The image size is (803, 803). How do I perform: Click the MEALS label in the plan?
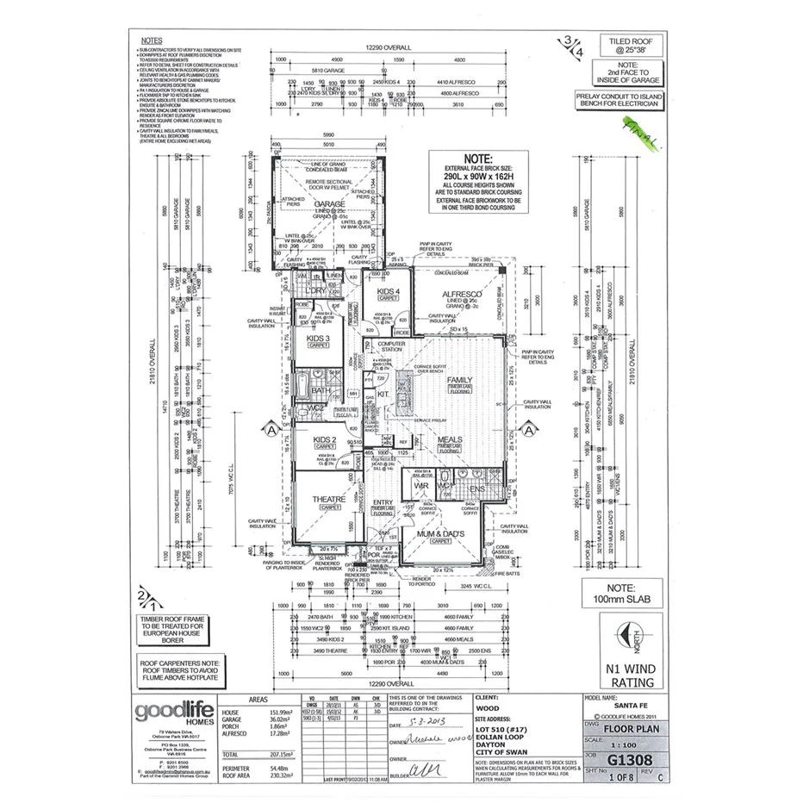(449, 439)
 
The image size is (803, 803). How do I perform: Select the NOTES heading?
(150, 40)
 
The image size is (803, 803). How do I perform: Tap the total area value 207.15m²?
(276, 753)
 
